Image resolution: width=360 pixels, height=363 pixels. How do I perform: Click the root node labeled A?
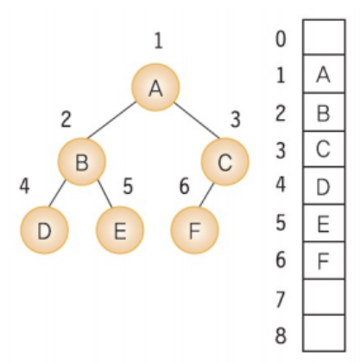[x=155, y=87]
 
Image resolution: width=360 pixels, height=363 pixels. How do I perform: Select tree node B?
[x=82, y=161]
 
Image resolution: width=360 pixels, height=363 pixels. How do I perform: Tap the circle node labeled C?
[x=225, y=161]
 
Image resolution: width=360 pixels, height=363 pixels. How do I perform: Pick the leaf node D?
[x=44, y=230]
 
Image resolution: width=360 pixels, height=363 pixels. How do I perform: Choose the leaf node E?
[x=120, y=230]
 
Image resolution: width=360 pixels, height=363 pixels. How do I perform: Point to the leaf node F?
[x=194, y=230]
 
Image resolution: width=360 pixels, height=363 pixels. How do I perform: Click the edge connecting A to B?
[x=111, y=120]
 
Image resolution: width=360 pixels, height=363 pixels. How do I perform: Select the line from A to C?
[x=197, y=120]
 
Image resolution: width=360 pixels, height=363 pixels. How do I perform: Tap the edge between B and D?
[x=57, y=193]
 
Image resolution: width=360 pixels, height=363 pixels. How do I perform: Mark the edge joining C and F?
[x=206, y=195]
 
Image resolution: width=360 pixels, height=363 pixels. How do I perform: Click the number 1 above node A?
[x=159, y=41]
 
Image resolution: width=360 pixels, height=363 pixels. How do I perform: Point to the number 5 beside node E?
[x=128, y=186]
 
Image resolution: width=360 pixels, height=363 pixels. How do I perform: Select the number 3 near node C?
[x=236, y=120]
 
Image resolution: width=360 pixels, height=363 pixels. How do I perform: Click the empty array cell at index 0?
[x=324, y=37]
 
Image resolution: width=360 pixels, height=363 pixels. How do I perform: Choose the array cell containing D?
[x=324, y=185]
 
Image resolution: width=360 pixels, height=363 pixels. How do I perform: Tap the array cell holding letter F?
[x=324, y=260]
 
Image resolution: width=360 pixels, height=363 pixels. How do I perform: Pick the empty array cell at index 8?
[x=324, y=333]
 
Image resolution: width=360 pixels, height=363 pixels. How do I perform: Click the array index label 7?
[x=281, y=299]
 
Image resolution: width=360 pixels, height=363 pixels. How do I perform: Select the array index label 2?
[x=281, y=113]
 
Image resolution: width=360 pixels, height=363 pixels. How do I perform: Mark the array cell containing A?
[x=324, y=74]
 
